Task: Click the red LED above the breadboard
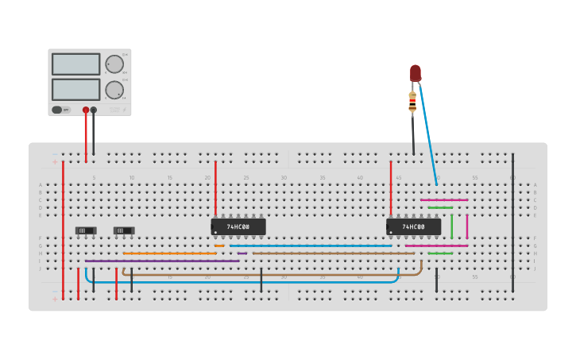[415, 74]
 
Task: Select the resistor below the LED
[412, 101]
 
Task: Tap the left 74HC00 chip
[238, 226]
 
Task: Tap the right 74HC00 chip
[413, 226]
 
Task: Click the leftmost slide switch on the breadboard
[86, 230]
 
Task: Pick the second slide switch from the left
[124, 230]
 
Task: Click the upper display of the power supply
[75, 64]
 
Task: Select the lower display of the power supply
[75, 89]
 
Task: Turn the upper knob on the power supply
[114, 64]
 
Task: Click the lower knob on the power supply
[114, 90]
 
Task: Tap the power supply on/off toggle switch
[58, 110]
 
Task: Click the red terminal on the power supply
[86, 110]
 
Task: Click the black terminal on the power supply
[94, 110]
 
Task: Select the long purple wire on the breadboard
[162, 261]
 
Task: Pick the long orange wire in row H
[168, 254]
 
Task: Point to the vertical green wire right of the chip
[451, 226]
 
